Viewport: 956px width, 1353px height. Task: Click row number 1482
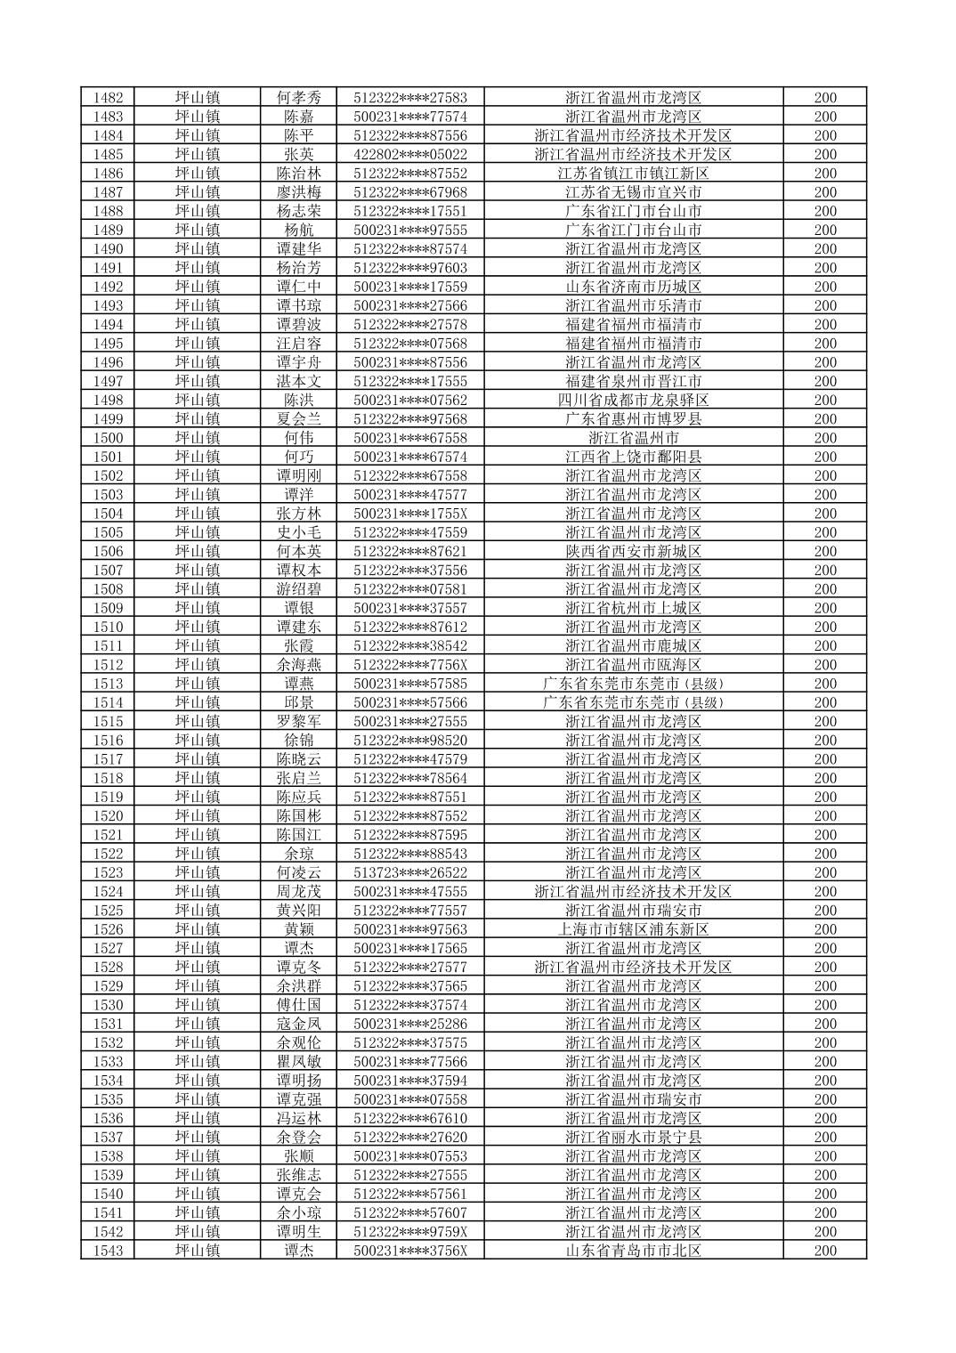[x=108, y=98]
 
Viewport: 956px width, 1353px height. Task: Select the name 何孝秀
[x=298, y=98]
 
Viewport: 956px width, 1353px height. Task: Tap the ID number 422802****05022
[x=410, y=155]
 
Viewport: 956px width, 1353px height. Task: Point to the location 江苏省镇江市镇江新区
[x=633, y=174]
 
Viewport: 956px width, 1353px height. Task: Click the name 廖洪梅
[x=298, y=192]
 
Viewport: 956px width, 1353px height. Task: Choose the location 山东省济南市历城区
[x=633, y=287]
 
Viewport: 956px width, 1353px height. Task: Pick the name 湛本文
[x=298, y=381]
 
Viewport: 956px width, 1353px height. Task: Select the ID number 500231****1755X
[x=410, y=514]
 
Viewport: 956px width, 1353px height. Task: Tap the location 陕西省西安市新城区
[x=633, y=552]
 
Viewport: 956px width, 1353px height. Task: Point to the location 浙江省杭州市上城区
[x=633, y=608]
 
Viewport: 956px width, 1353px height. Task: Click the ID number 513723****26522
[x=410, y=873]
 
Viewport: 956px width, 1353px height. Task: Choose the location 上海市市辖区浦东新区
[x=633, y=929]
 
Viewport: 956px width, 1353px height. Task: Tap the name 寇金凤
[x=298, y=1024]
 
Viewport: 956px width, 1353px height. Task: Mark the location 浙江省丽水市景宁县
[x=633, y=1138]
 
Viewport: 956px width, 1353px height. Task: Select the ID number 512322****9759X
[x=410, y=1232]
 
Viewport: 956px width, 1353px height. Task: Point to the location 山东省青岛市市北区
[x=633, y=1251]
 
